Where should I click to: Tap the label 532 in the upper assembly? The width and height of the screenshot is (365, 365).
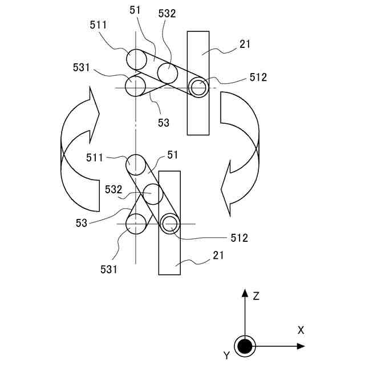167,14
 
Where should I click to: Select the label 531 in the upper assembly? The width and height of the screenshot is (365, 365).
82,68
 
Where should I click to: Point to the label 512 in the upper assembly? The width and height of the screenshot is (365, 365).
258,78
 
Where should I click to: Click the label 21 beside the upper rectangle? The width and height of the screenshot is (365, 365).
245,44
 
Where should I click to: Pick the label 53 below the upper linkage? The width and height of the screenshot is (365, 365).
163,122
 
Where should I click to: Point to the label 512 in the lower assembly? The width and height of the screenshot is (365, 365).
239,238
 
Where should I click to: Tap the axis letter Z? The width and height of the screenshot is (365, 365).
257,296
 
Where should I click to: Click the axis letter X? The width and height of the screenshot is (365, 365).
301,330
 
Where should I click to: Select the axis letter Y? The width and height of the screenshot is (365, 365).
226,355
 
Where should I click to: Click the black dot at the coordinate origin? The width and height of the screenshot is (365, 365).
245,346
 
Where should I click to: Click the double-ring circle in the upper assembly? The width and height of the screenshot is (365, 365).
198,87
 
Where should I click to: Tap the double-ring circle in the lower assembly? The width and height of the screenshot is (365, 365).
169,224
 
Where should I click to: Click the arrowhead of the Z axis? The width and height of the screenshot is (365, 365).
245,293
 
